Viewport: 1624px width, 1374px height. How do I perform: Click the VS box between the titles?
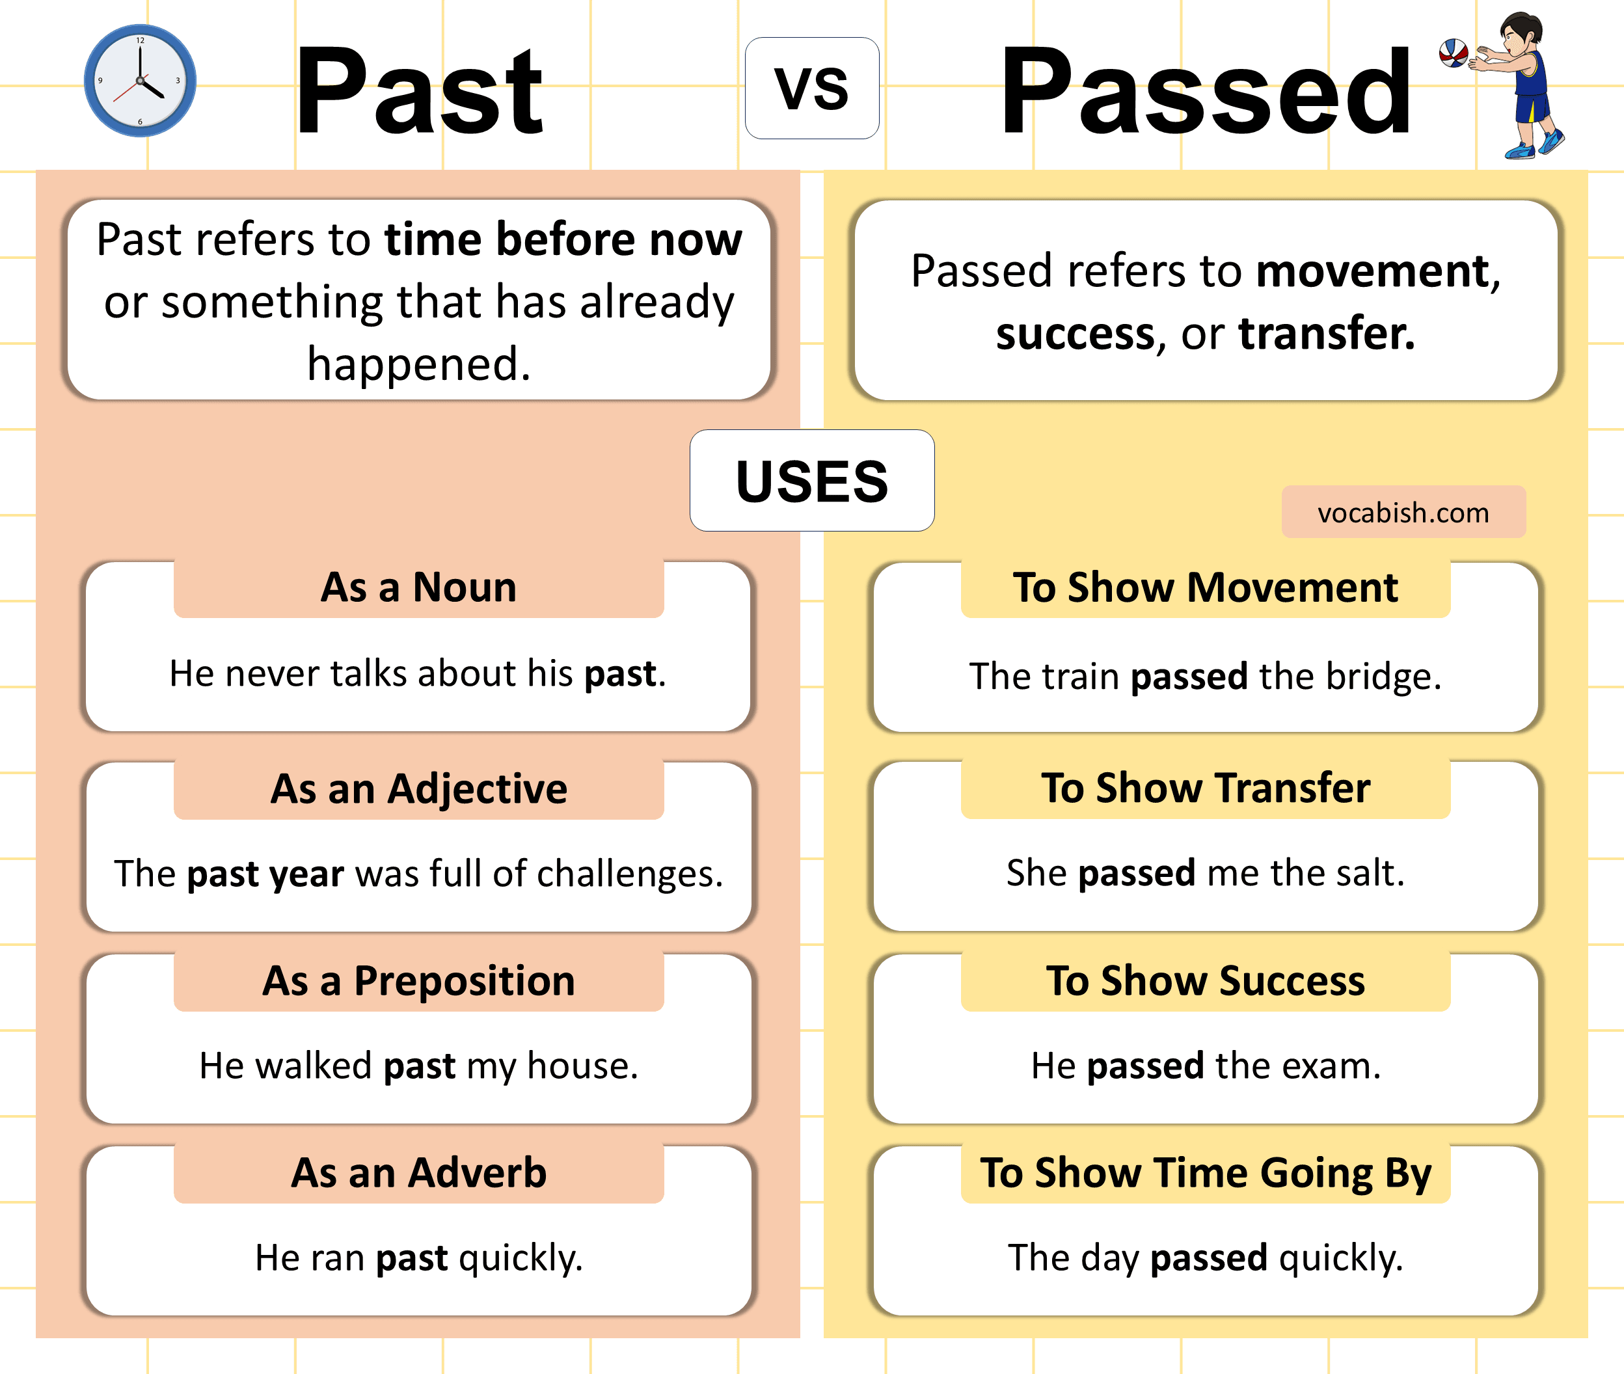click(811, 88)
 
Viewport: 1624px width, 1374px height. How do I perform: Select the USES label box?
click(811, 481)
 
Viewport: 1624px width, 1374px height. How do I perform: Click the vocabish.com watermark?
click(1403, 513)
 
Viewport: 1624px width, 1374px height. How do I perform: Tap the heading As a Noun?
click(418, 587)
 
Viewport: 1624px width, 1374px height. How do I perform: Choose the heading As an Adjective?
click(418, 788)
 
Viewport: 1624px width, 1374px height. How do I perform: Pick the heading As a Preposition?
click(418, 980)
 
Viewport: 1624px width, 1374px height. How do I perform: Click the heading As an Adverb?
click(418, 1172)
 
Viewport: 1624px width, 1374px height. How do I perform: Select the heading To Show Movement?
click(1205, 587)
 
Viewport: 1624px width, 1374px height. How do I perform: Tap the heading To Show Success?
click(1205, 980)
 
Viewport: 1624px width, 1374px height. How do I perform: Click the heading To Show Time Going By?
click(1205, 1172)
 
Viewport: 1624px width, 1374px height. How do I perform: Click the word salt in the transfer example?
click(1370, 873)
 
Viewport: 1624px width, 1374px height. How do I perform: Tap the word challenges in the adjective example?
click(629, 874)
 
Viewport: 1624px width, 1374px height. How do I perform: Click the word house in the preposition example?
click(582, 1066)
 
